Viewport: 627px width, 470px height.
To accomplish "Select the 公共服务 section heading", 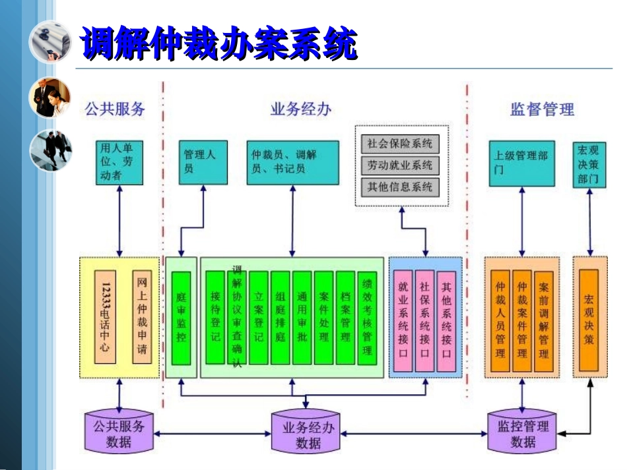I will click(x=114, y=109).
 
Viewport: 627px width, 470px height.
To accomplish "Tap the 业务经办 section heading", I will click(x=300, y=109).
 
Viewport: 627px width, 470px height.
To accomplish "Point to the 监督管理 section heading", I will click(x=542, y=109).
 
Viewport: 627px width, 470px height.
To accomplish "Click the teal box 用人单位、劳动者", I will click(x=119, y=162).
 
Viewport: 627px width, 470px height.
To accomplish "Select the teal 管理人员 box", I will click(x=203, y=162).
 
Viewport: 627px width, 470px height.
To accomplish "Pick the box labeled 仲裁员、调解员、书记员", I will click(x=292, y=162).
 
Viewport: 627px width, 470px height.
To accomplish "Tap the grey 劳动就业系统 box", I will click(x=400, y=165).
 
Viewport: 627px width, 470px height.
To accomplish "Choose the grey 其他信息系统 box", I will click(x=400, y=187).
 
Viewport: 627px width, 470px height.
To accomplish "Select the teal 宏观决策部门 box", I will click(x=589, y=163).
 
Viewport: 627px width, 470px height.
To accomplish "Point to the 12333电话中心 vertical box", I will click(x=106, y=317).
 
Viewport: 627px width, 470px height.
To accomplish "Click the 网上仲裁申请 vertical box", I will click(x=142, y=317).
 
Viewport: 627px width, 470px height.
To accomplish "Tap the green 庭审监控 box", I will click(x=181, y=318).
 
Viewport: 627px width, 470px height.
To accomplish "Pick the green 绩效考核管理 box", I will click(x=368, y=318).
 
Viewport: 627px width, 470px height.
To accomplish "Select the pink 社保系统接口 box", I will click(x=425, y=318).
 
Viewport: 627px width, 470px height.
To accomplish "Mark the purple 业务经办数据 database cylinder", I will click(x=308, y=434).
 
